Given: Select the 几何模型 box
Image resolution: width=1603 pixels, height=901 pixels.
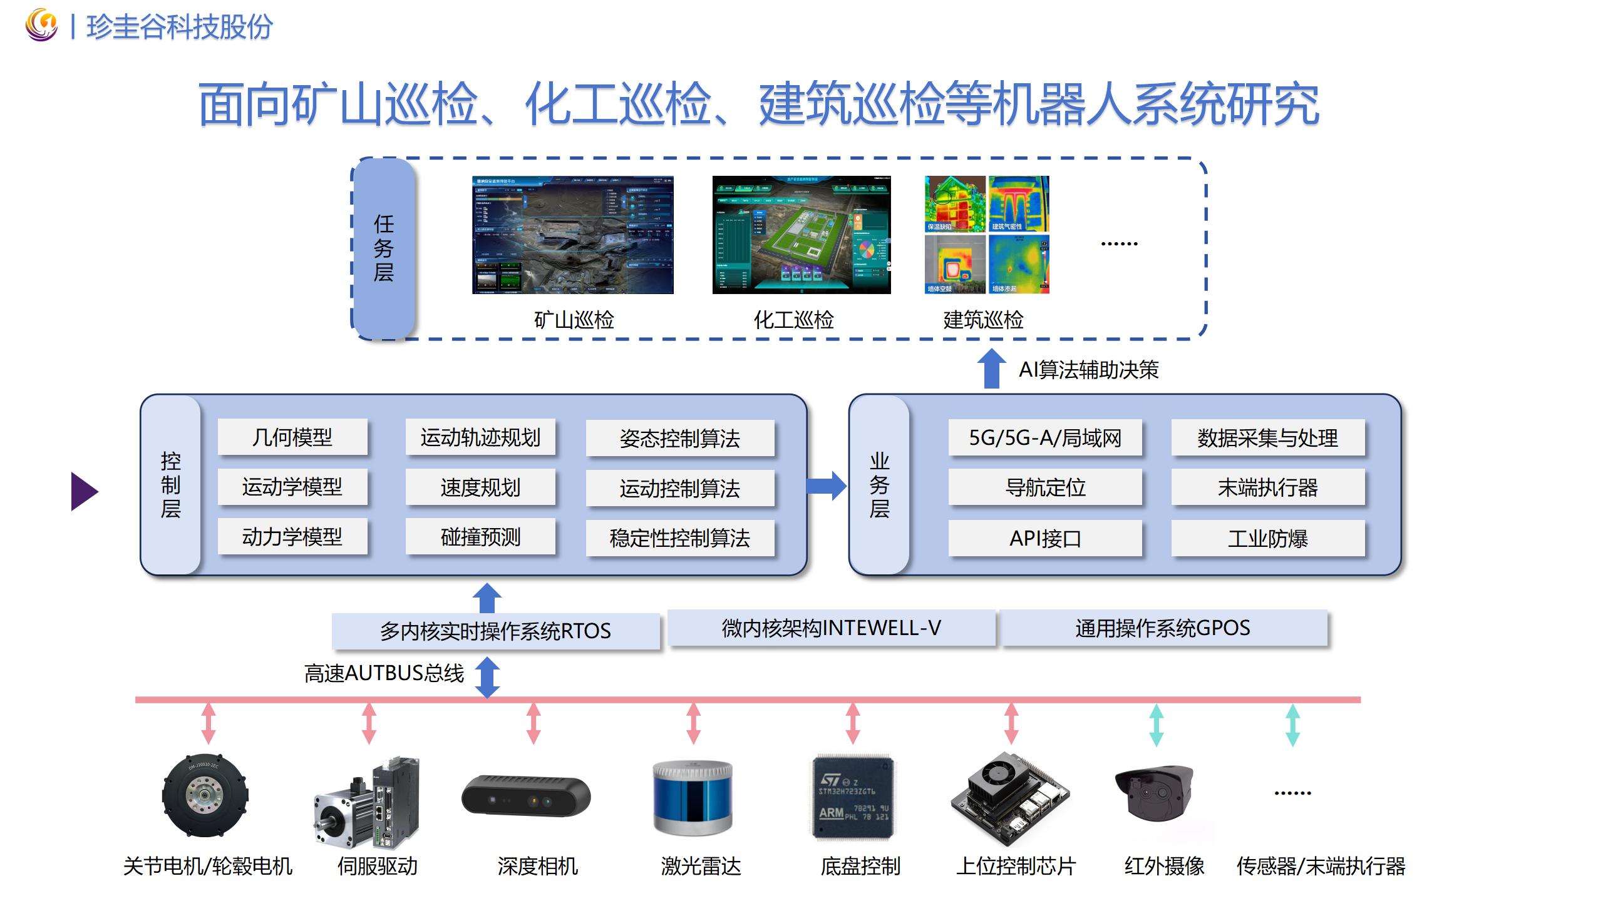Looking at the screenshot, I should [x=292, y=437].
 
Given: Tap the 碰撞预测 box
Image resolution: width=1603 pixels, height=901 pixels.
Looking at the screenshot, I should [x=480, y=537].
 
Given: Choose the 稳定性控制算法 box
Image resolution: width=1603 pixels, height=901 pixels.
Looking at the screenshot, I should [x=680, y=538].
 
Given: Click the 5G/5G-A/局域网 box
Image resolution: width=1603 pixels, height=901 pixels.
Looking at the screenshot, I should [x=1045, y=437].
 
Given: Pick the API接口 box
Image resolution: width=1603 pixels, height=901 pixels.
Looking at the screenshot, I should [x=1045, y=538].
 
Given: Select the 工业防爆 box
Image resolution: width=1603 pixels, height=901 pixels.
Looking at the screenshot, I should [x=1268, y=538].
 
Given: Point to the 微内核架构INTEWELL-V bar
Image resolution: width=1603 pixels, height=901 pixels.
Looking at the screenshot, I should [x=831, y=628].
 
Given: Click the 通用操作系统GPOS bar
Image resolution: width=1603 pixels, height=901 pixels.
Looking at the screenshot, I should [x=1163, y=628].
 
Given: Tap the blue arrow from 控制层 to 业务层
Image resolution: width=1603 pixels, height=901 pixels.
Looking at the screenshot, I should [x=826, y=486].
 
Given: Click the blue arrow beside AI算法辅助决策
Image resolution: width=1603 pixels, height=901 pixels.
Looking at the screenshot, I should [x=992, y=369].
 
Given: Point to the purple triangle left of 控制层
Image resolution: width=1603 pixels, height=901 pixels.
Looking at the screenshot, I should [x=84, y=491].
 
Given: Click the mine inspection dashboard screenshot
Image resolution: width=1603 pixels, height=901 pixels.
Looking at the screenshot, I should [x=573, y=235].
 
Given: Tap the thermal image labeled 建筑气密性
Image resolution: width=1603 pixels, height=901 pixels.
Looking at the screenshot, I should [x=1019, y=204].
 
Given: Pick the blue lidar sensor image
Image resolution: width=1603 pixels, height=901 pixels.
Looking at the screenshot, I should [x=693, y=798].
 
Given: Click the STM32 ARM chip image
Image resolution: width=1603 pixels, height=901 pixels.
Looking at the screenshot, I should [x=853, y=798].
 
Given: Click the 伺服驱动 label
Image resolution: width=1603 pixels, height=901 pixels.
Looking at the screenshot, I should [x=378, y=866].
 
